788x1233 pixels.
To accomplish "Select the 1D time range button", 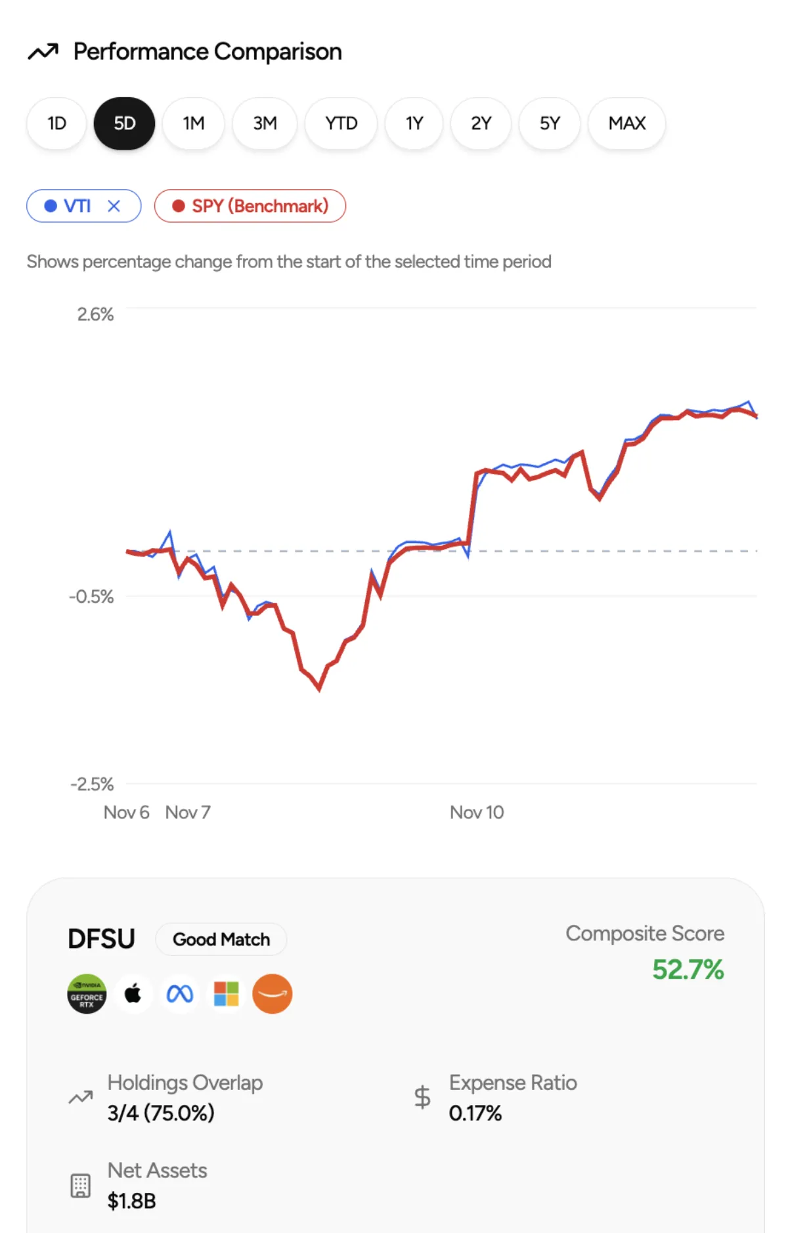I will point(56,123).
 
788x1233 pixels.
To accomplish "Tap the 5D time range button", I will point(125,123).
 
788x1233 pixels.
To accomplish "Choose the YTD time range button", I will point(341,123).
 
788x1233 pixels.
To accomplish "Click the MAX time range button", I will point(626,123).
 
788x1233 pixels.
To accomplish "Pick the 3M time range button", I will point(265,123).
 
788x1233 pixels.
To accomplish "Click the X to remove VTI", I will point(114,206).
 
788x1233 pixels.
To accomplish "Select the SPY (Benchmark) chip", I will point(250,206).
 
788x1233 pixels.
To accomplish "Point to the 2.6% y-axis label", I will point(95,314).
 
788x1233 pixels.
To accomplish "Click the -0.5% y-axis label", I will point(91,597).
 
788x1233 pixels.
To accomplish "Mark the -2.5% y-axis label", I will point(92,784).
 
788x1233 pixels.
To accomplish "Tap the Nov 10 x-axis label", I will point(477,812).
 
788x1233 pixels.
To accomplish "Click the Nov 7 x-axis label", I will point(188,812).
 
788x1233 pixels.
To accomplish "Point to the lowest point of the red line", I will point(319,689).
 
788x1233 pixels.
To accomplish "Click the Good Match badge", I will point(221,940).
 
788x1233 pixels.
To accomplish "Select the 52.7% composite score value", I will point(688,970).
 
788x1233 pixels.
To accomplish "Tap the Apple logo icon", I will point(133,994).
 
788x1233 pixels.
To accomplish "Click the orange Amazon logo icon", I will point(273,994).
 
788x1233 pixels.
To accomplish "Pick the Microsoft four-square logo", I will point(227,994).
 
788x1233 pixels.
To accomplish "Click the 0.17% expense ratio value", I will point(475,1113).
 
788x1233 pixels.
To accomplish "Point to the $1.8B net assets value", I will point(132,1201).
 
